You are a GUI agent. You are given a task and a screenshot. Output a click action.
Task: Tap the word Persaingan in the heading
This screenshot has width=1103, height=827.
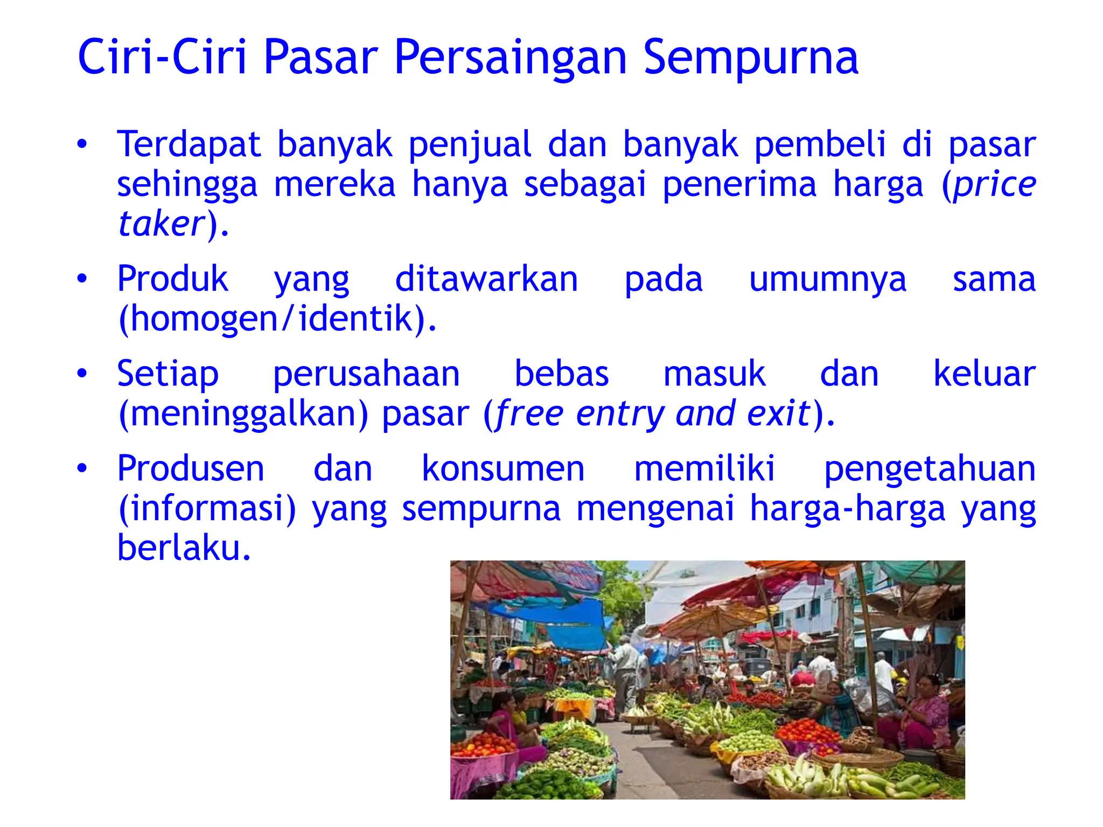pos(511,58)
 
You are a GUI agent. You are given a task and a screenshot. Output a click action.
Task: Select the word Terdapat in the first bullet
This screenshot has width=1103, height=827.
pos(189,145)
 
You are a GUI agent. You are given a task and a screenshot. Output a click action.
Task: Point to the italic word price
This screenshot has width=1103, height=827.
pos(994,185)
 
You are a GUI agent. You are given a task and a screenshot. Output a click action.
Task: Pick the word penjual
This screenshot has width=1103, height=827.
pos(470,145)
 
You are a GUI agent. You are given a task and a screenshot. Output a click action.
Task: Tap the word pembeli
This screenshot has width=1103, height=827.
pos(820,145)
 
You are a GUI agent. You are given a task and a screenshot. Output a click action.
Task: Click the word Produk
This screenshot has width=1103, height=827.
pos(172,279)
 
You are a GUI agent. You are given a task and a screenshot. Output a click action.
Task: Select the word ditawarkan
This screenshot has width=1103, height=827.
pos(486,279)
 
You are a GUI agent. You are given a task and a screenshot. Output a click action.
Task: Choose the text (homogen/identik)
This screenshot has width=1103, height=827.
pos(277,319)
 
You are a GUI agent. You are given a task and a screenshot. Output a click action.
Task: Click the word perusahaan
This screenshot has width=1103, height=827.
pos(366,374)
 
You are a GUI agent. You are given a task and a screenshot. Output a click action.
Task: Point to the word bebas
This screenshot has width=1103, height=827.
pos(561,374)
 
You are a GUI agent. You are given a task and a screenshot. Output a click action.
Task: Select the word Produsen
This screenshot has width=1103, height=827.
pos(191,468)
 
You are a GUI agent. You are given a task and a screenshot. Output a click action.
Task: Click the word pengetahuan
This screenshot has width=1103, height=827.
pos(930,468)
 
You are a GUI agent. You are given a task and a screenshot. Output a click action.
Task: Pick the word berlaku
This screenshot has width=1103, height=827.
pos(184,548)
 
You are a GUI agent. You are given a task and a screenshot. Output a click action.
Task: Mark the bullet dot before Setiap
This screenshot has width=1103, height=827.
pos(81,373)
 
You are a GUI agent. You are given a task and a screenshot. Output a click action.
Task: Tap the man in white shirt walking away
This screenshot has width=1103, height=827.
pos(625,673)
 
